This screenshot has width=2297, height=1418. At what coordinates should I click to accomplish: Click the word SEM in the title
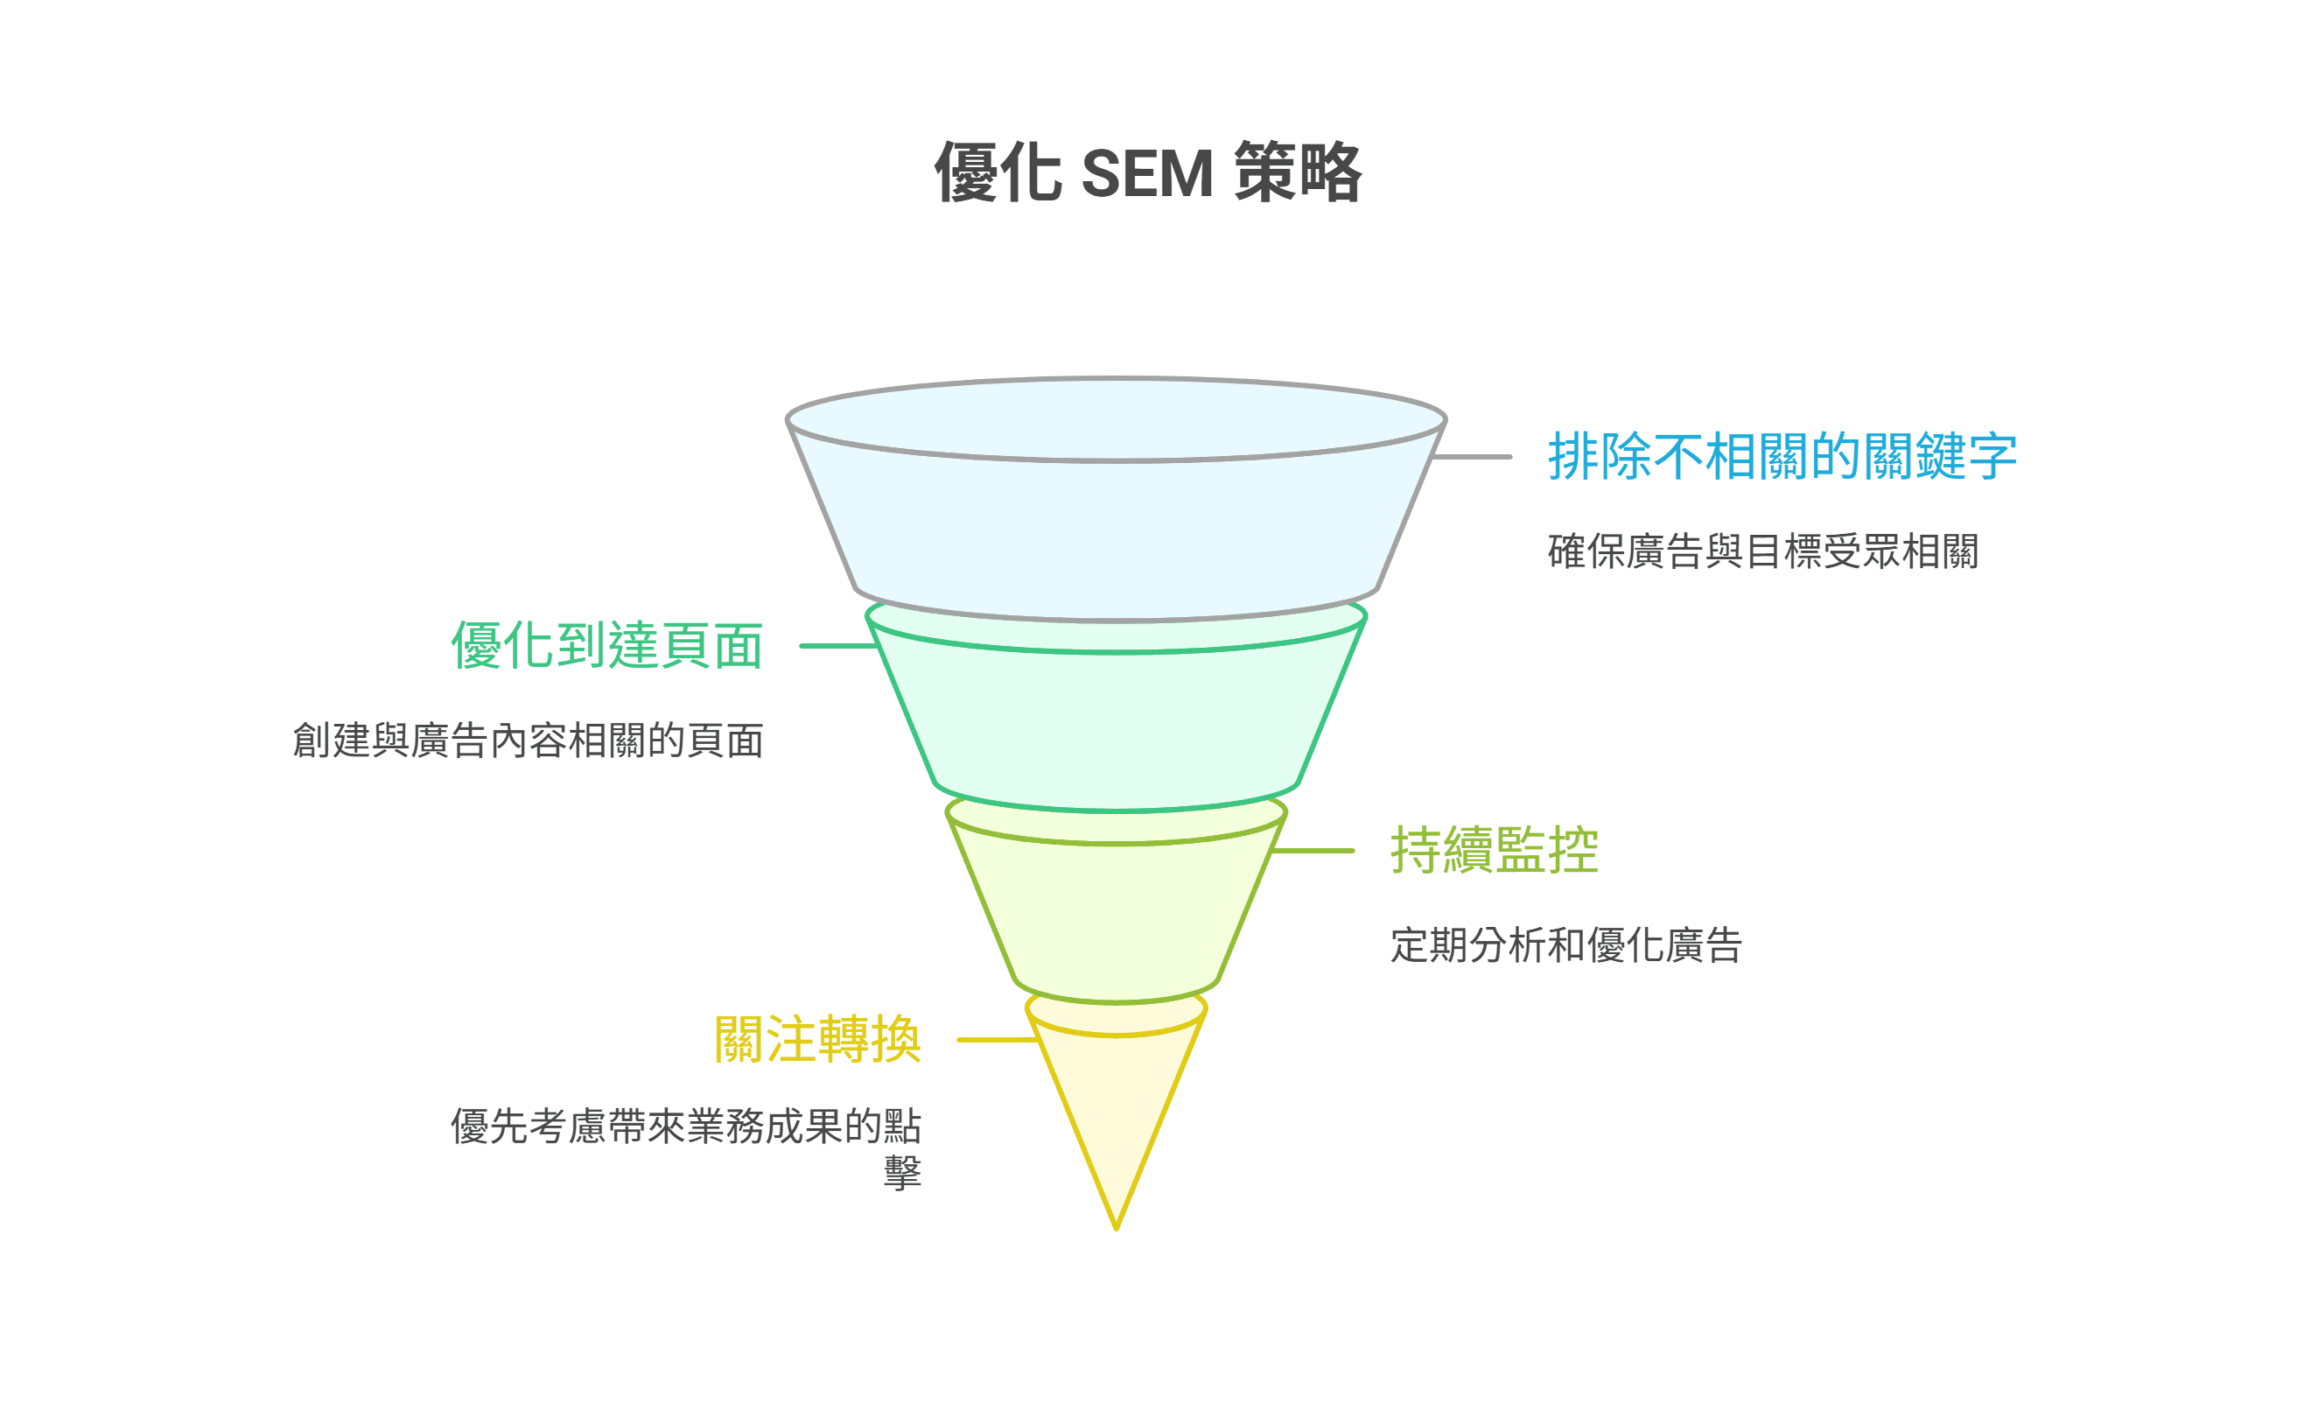[x=1146, y=173]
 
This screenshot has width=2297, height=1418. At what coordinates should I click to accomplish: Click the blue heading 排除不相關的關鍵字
[x=1782, y=457]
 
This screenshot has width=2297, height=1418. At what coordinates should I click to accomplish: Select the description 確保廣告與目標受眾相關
[x=1762, y=551]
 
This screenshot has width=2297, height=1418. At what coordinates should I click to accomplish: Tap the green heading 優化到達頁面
[x=606, y=646]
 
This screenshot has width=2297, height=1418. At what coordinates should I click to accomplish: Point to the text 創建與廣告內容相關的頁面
[x=528, y=741]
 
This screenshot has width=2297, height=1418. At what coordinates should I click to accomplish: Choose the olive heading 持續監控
[x=1494, y=851]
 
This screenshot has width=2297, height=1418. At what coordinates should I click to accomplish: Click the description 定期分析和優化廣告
[x=1565, y=945]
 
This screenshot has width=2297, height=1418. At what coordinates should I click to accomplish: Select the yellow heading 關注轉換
[x=817, y=1040]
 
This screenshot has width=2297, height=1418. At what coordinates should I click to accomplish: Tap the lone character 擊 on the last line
[x=903, y=1172]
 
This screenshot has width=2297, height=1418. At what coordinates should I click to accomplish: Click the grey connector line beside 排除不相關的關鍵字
[x=1472, y=457]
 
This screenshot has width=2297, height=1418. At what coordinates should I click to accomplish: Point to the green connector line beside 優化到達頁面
[x=837, y=646]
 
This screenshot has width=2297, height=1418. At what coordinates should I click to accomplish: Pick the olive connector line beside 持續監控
[x=1313, y=851]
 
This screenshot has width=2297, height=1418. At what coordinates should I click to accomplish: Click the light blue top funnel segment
[x=1116, y=535]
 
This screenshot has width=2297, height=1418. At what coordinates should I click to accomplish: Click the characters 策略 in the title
[x=1299, y=173]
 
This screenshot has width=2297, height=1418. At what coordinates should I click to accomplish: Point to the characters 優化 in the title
[x=998, y=173]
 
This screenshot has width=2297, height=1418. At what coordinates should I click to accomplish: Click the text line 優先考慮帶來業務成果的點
[x=685, y=1127]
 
